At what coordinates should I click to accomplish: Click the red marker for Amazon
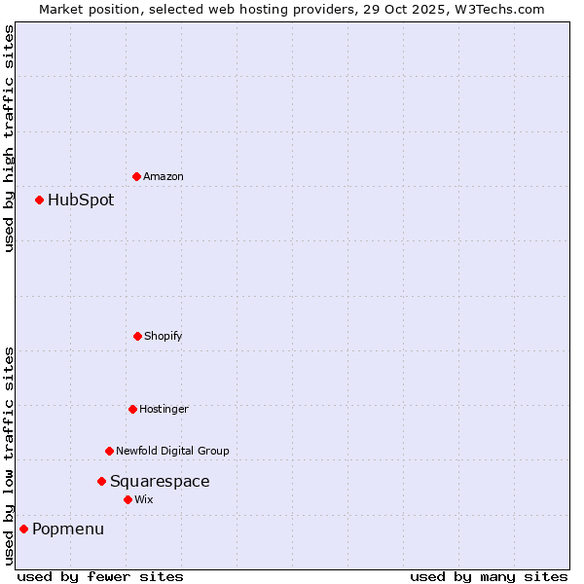coord(137,176)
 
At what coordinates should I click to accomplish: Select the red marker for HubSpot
coord(40,200)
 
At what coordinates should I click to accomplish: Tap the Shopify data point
coord(138,336)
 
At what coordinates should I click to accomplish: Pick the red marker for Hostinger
coord(133,409)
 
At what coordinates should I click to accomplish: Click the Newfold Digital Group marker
coord(110,451)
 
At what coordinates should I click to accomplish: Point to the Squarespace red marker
coord(101,481)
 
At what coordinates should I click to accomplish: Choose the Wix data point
coord(128,499)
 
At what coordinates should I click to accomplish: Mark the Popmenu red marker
coord(24,529)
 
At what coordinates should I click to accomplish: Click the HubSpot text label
coord(81,201)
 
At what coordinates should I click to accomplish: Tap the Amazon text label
coord(164,177)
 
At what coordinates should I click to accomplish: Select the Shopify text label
coord(164,337)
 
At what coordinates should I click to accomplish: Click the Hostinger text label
coord(164,410)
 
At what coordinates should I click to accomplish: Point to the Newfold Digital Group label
coord(172,452)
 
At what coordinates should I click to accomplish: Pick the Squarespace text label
coord(160,482)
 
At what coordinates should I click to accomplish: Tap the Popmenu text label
coord(68,529)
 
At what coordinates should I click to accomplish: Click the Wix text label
coord(144,500)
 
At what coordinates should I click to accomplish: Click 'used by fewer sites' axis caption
coord(100,576)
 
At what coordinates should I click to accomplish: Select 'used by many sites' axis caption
coord(489,576)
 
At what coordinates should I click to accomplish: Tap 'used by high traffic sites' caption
coord(9,138)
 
